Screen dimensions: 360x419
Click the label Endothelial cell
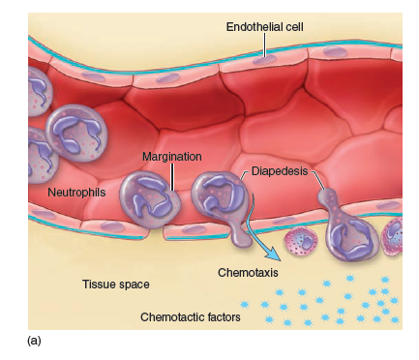click(x=265, y=25)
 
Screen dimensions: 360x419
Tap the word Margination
click(x=171, y=156)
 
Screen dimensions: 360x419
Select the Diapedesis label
click(x=281, y=171)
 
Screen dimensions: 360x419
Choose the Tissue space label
click(x=115, y=285)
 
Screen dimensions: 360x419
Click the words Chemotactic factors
click(x=191, y=316)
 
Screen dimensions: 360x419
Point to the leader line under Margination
click(x=171, y=176)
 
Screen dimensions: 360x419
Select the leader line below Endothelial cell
click(x=265, y=47)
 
